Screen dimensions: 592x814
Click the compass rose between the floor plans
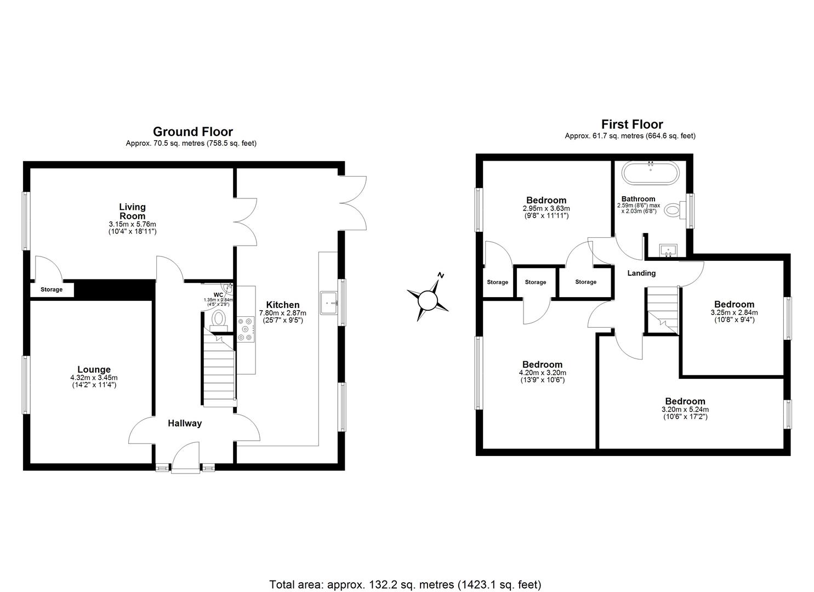pos(428,299)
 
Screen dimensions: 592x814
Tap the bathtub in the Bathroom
pos(650,174)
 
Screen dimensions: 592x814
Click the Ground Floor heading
pos(192,132)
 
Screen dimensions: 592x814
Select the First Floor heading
pos(631,124)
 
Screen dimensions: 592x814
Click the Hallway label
pos(185,423)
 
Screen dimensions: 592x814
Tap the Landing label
pos(641,273)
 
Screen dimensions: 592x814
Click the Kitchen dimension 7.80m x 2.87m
pos(282,313)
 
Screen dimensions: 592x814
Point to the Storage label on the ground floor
pos(52,289)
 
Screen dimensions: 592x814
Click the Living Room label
pos(133,211)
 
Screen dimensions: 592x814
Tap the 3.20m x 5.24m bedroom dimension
pos(685,409)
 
